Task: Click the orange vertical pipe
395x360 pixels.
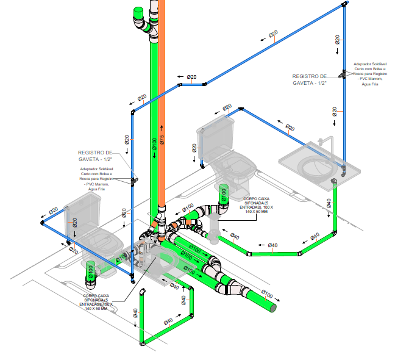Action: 162,92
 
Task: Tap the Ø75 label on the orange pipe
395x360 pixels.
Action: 162,140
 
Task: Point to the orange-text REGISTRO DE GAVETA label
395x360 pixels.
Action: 95,156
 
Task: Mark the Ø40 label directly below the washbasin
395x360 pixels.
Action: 329,203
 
